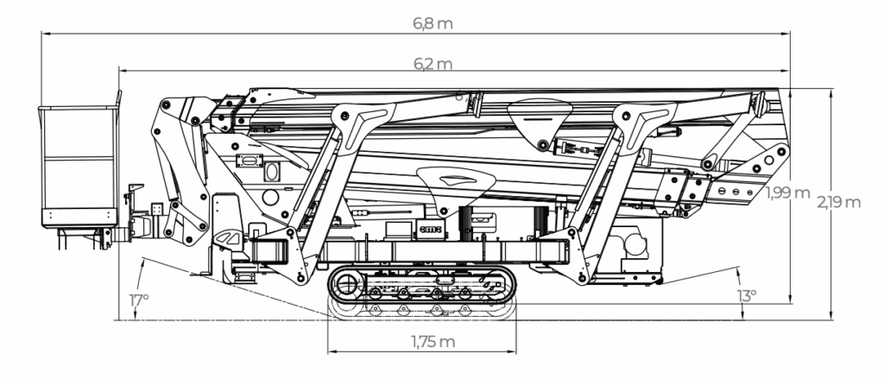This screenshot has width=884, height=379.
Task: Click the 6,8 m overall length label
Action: [433, 23]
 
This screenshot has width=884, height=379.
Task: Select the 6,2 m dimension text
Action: [433, 64]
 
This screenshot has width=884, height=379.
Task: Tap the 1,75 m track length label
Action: [433, 342]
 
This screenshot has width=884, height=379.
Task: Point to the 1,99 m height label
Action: [787, 193]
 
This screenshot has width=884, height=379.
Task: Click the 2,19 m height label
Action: [839, 203]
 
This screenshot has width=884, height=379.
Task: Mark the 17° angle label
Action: [139, 300]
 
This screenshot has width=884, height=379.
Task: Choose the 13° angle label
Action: [747, 295]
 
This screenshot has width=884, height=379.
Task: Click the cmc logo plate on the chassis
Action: [432, 229]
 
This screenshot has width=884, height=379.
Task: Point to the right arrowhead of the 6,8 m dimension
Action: [786, 34]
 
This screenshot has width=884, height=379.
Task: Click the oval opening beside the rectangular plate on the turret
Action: [272, 172]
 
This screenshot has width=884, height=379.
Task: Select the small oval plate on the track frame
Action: [445, 281]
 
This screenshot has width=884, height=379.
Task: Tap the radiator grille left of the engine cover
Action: [466, 222]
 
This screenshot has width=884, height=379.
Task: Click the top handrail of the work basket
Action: [78, 107]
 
